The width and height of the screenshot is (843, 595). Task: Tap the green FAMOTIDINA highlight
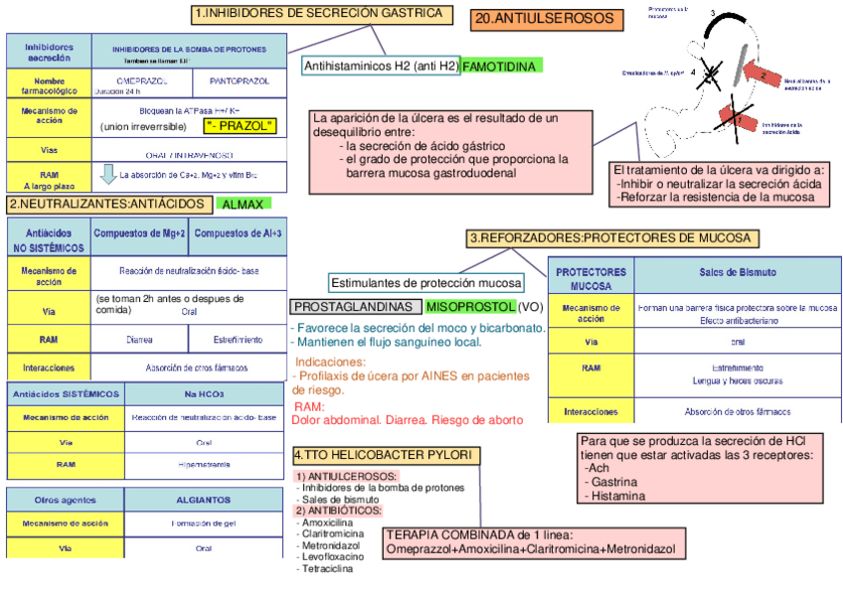(x=501, y=67)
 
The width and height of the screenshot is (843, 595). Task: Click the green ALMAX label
(x=243, y=205)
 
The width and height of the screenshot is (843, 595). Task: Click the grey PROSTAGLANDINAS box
(x=351, y=307)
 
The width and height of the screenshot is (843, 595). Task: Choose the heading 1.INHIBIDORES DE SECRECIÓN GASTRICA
(x=318, y=13)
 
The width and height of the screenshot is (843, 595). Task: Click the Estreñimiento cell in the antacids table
(x=237, y=340)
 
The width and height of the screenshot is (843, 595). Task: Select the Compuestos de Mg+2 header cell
(x=139, y=235)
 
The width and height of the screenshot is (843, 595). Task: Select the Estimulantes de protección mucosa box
(x=425, y=282)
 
